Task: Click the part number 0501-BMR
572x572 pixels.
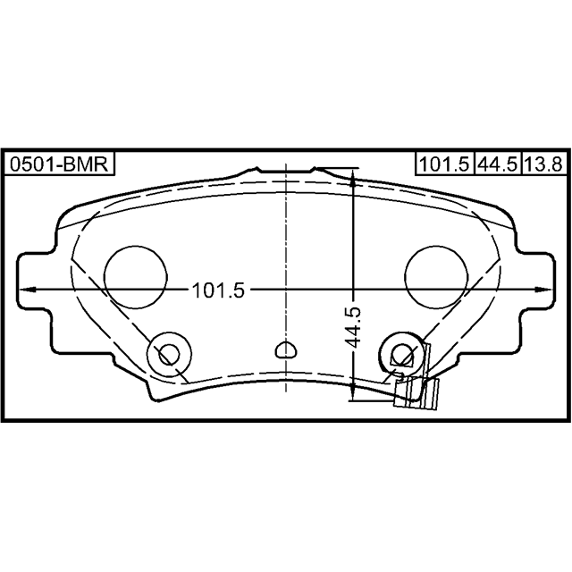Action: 59,164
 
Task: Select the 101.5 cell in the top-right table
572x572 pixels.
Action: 444,164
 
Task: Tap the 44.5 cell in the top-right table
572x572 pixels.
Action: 498,164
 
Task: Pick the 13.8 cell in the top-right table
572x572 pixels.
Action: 543,164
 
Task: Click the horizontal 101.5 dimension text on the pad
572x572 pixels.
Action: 218,290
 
